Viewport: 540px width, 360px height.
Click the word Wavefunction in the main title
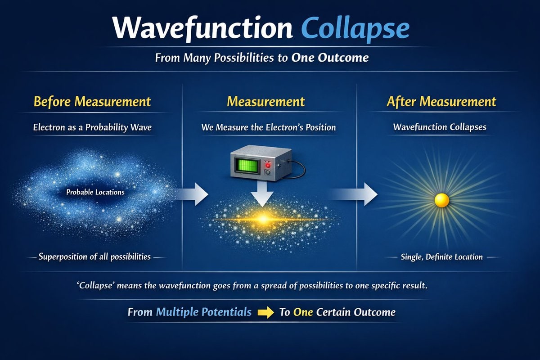click(202, 28)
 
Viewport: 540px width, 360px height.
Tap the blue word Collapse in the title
click(355, 29)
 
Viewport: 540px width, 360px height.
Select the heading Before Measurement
click(92, 102)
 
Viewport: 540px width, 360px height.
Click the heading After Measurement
click(441, 102)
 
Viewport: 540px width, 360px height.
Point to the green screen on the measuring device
click(246, 166)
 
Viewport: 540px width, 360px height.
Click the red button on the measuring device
click(268, 166)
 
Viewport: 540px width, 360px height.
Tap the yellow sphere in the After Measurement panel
click(441, 200)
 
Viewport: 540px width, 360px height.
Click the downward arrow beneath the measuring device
click(262, 193)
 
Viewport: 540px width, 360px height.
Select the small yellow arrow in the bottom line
click(265, 312)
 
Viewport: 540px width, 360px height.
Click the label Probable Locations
click(95, 192)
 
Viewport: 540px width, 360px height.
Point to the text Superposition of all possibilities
click(94, 257)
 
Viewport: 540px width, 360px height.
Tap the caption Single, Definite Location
click(441, 257)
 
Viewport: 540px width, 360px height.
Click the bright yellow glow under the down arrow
click(263, 219)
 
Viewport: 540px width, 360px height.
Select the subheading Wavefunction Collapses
click(440, 127)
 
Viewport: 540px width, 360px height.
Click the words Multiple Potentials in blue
click(204, 312)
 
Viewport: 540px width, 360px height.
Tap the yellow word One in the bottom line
click(303, 312)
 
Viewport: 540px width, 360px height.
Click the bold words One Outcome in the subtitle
click(330, 58)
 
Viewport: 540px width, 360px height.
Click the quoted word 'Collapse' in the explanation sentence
click(95, 286)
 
